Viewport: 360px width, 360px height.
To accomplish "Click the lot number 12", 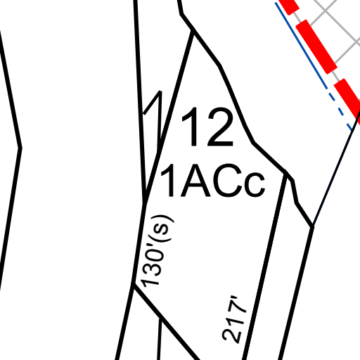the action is coord(208,127).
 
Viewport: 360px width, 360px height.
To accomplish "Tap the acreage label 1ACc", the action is coord(213,181).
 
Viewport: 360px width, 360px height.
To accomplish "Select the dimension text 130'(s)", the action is coord(157,251).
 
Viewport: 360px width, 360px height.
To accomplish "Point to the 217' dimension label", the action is coord(234,320).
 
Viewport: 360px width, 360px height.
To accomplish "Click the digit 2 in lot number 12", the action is coord(220,127).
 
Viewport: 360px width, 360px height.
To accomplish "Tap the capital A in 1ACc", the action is coord(195,181).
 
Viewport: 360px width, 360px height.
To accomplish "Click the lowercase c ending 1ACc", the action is coord(255,185).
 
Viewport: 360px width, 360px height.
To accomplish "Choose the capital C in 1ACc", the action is coord(227,181).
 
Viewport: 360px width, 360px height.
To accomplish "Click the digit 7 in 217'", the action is coord(236,314).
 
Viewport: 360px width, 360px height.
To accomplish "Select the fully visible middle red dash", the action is coord(316,46).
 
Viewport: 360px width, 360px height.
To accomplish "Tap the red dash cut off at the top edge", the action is coord(289,6).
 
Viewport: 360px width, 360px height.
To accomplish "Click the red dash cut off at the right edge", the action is coord(348,98).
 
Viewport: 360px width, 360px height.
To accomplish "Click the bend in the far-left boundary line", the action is coord(20,148).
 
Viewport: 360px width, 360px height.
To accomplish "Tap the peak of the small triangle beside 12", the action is coord(160,91).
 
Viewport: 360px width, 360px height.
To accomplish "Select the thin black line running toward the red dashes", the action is coord(335,171).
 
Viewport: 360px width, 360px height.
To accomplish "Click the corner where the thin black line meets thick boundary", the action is coord(312,226).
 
